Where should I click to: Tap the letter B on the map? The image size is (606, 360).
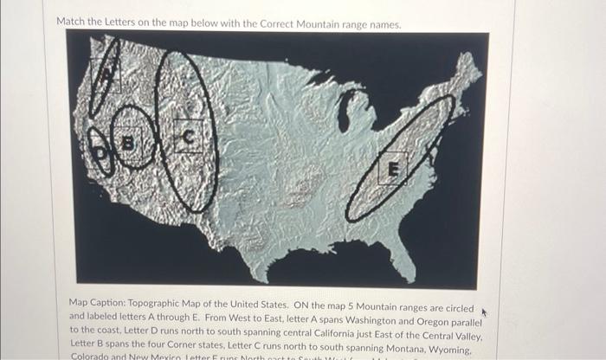tap(130, 139)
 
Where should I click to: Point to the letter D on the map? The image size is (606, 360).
tap(98, 153)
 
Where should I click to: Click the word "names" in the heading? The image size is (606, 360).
tap(384, 23)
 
